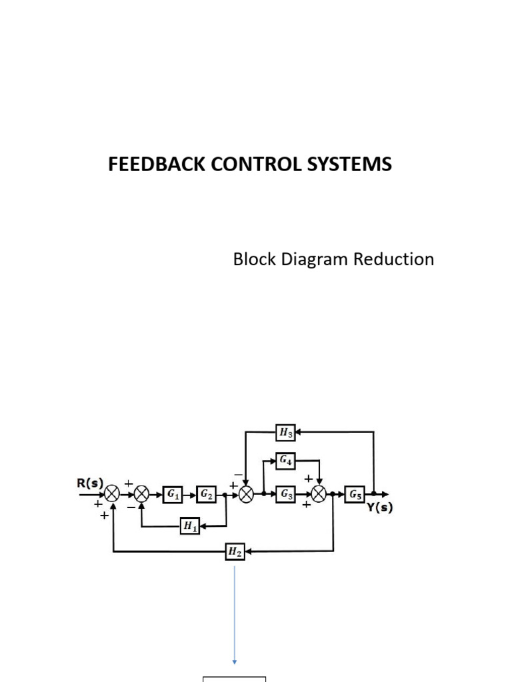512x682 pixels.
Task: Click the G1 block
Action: tap(173, 494)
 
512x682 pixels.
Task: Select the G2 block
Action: tap(205, 494)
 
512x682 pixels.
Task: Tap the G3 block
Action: tap(286, 494)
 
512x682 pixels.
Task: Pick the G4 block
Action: tap(286, 460)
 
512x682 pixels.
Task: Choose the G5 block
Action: tap(355, 494)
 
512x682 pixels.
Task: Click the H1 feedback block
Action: tap(190, 526)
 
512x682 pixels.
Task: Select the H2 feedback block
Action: tap(235, 551)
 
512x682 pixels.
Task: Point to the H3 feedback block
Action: tap(286, 433)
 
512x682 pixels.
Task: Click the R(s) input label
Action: tap(89, 482)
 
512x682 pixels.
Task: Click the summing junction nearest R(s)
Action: tap(113, 494)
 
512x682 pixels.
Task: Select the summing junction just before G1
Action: tap(142, 494)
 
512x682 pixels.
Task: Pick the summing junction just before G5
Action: tap(319, 494)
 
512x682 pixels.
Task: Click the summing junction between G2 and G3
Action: tap(247, 494)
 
